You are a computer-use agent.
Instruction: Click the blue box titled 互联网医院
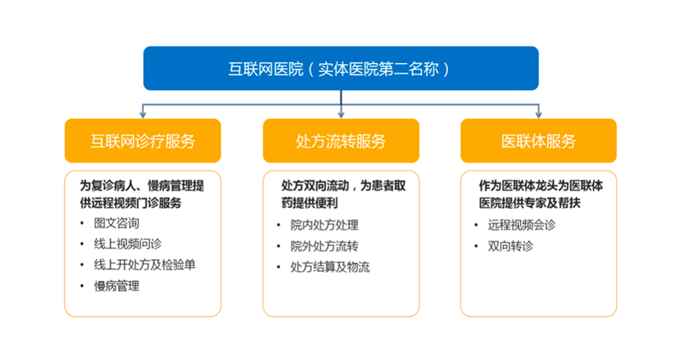click(341, 69)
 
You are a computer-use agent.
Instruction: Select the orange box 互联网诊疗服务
click(143, 141)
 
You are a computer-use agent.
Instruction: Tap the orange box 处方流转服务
click(341, 141)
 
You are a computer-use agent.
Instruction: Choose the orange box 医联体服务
click(539, 141)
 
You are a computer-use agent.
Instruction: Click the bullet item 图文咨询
click(116, 223)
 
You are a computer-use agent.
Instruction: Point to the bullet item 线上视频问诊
click(127, 244)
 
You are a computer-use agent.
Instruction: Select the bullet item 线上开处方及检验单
click(145, 265)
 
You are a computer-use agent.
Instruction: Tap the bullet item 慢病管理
click(116, 286)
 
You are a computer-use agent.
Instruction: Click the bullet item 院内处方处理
click(325, 225)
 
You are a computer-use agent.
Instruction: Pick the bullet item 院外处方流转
click(325, 247)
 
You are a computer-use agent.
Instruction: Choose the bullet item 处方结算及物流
click(330, 267)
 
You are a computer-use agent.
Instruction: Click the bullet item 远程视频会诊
click(522, 225)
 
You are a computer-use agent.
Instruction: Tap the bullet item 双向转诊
click(511, 247)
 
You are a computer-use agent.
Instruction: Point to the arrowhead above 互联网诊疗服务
click(143, 115)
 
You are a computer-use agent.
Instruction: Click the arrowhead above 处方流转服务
click(341, 115)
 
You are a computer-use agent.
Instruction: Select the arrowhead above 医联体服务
click(539, 115)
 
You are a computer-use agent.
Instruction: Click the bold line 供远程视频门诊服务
click(130, 203)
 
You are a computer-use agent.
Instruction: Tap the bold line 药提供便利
click(309, 203)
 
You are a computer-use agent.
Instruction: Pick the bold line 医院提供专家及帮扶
click(530, 203)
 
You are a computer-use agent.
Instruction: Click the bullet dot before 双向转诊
click(476, 247)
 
